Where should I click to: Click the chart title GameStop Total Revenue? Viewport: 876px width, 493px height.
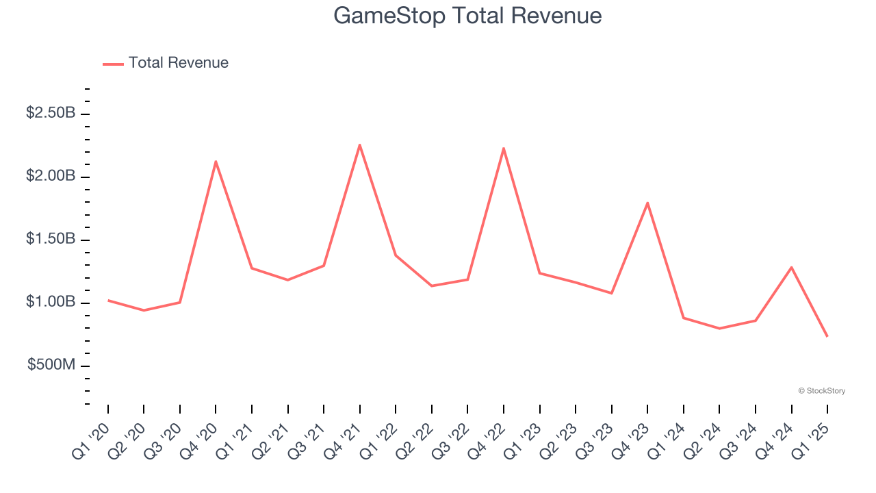[467, 16]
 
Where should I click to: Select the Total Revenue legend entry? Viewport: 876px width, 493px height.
[166, 63]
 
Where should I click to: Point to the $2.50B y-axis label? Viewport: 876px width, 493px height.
[51, 113]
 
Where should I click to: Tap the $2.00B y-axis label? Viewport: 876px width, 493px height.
[51, 176]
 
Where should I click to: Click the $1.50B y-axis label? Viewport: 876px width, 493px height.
[51, 239]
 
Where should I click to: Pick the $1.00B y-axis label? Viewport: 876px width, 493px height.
[51, 302]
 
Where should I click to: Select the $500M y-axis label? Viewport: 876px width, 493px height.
[51, 365]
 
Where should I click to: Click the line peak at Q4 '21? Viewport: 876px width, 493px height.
[360, 144]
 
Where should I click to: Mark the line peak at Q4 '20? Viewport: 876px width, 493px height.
[216, 162]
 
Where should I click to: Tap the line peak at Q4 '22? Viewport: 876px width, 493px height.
[504, 148]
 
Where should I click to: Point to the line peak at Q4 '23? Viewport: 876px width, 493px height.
[647, 203]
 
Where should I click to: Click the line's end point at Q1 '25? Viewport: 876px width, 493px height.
[827, 336]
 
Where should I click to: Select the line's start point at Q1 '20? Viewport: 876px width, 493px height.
[108, 301]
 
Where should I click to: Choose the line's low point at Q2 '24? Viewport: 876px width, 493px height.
[719, 329]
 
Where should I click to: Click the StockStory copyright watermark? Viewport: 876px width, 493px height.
[821, 391]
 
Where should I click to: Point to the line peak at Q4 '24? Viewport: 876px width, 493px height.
[791, 267]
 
